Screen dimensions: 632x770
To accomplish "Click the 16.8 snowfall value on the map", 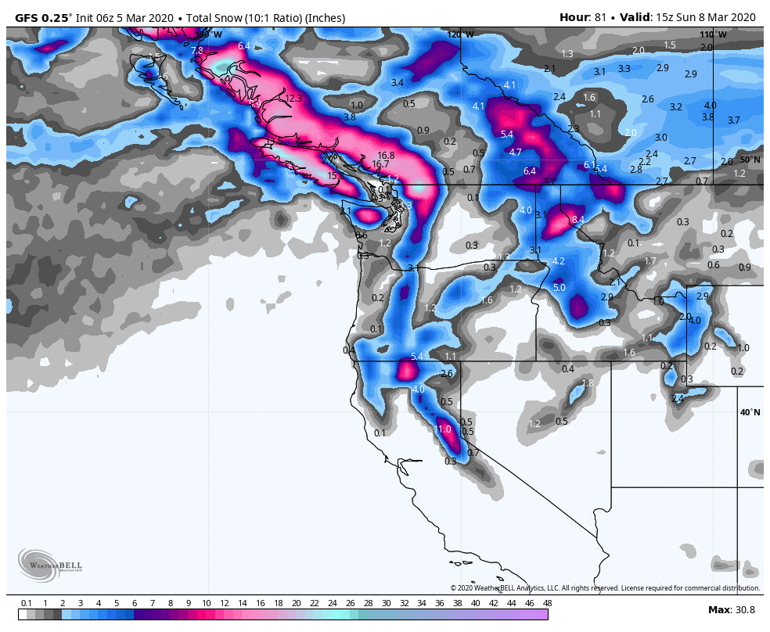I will pyautogui.click(x=386, y=156).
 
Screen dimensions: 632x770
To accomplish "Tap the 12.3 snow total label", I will pyautogui.click(x=293, y=99).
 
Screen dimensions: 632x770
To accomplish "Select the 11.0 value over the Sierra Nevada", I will pyautogui.click(x=443, y=429).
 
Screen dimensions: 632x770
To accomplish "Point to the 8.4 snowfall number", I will pyautogui.click(x=578, y=220).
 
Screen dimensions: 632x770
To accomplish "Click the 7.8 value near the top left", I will pyautogui.click(x=197, y=51).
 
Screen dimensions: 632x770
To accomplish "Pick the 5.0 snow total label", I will pyautogui.click(x=559, y=288).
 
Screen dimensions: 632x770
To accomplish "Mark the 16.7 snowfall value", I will pyautogui.click(x=380, y=165).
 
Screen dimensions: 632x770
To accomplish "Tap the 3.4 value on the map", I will pyautogui.click(x=398, y=83).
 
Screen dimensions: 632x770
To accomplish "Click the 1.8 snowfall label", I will pyautogui.click(x=588, y=383).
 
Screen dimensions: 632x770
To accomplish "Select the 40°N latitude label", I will pyautogui.click(x=750, y=412).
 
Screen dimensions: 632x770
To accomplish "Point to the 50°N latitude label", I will pyautogui.click(x=750, y=160).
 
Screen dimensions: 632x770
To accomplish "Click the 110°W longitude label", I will pyautogui.click(x=713, y=34).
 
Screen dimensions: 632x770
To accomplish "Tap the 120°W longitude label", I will pyautogui.click(x=460, y=34).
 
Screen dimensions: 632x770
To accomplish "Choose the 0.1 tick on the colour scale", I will pyautogui.click(x=26, y=603).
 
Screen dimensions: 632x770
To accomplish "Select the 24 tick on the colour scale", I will pyautogui.click(x=332, y=603).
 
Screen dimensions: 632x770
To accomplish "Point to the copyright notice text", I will pyautogui.click(x=604, y=588).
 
